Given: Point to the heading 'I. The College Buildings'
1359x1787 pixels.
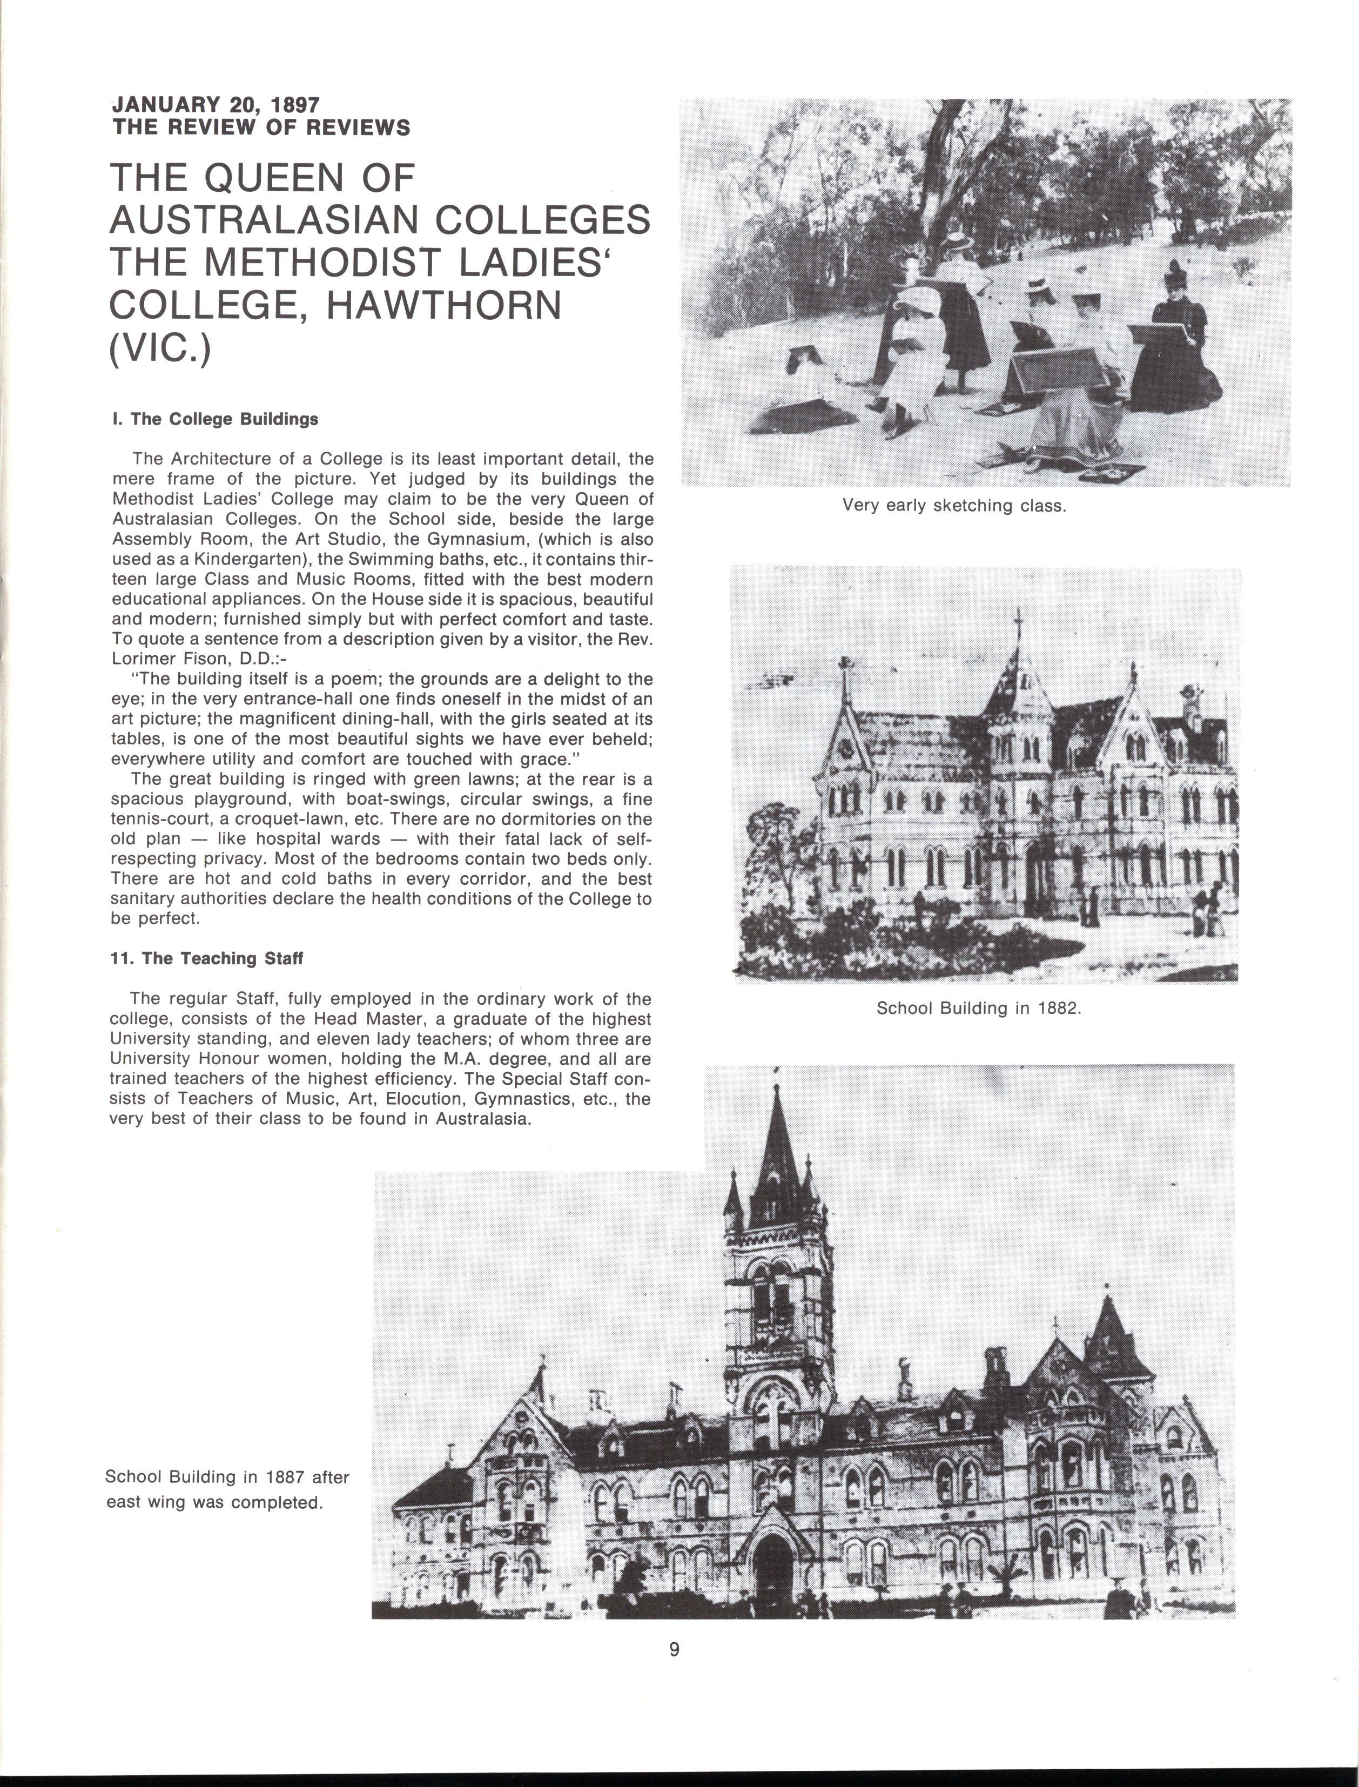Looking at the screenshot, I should point(215,419).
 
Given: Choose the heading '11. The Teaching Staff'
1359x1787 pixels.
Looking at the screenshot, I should point(206,959).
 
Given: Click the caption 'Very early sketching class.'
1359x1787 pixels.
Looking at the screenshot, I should point(954,506).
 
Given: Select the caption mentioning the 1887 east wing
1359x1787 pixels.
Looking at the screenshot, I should point(226,1489).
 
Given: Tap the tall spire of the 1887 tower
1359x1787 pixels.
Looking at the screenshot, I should point(777,1148).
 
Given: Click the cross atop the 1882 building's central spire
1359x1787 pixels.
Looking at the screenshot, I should point(1019,622).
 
